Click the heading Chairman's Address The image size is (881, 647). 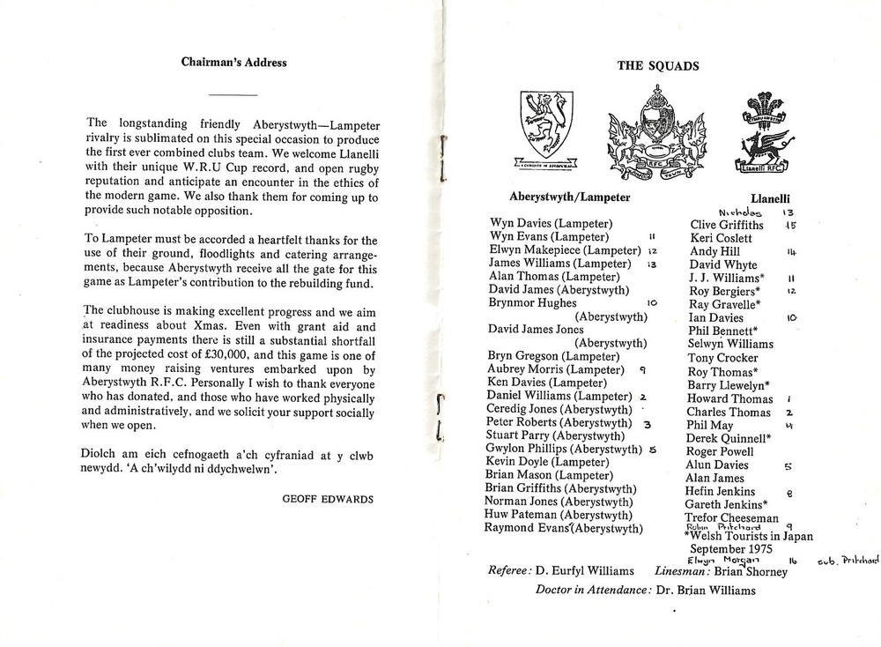click(x=233, y=63)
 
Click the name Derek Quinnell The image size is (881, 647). click(x=730, y=438)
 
